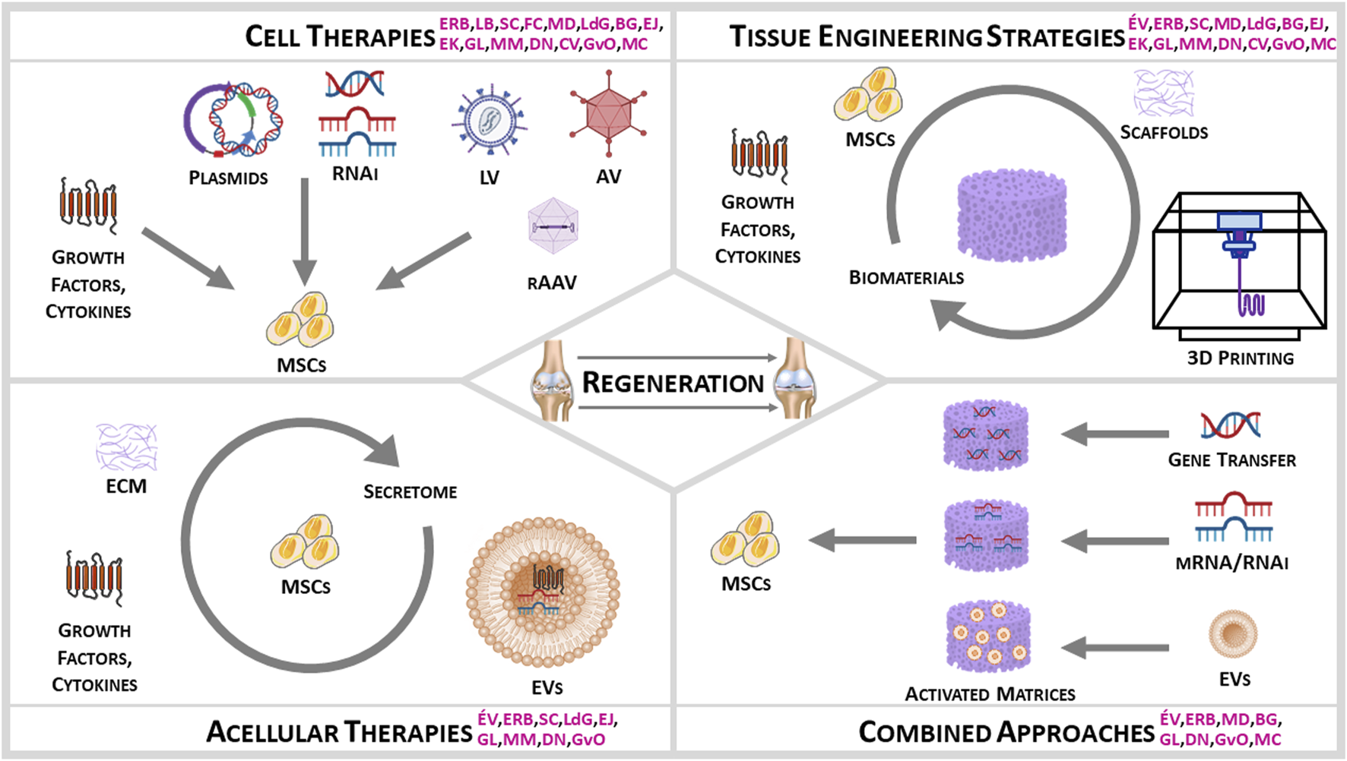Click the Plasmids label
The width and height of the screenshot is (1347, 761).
pyautogui.click(x=228, y=178)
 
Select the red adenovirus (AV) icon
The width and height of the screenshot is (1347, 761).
pyautogui.click(x=607, y=115)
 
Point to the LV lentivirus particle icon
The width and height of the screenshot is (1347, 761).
pyautogui.click(x=490, y=122)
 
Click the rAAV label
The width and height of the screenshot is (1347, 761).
pyautogui.click(x=552, y=283)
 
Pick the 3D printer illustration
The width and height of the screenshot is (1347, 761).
pyautogui.click(x=1239, y=262)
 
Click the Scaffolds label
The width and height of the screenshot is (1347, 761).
pyautogui.click(x=1164, y=132)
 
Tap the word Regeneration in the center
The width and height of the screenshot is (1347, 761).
pyautogui.click(x=673, y=383)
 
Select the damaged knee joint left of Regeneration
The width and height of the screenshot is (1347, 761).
pyautogui.click(x=552, y=380)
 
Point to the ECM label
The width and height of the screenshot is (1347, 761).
pyautogui.click(x=126, y=486)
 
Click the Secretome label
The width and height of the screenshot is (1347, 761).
pyautogui.click(x=410, y=492)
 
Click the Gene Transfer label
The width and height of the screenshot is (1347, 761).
pyautogui.click(x=1231, y=459)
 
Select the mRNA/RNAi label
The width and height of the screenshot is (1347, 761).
pyautogui.click(x=1231, y=563)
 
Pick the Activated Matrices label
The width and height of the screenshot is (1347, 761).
pyautogui.click(x=990, y=694)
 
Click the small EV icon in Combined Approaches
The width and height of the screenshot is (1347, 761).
pyautogui.click(x=1233, y=634)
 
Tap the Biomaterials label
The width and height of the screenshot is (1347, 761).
pyautogui.click(x=906, y=278)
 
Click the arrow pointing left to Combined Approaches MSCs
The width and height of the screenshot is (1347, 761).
pyautogui.click(x=863, y=540)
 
